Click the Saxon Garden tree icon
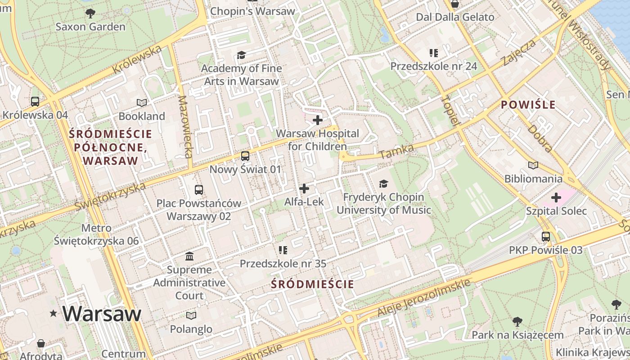tap(90, 13)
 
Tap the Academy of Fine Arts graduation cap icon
tap(242, 55)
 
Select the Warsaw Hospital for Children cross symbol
tap(318, 120)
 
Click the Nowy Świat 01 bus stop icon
tap(245, 156)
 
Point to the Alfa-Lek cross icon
tap(304, 189)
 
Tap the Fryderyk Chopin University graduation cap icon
tap(383, 184)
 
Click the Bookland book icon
tap(142, 103)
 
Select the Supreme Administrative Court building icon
tap(189, 256)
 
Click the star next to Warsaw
tap(54, 313)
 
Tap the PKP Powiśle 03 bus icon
tap(546, 236)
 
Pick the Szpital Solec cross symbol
tap(556, 198)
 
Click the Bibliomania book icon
tap(533, 165)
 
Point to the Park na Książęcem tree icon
tap(517, 321)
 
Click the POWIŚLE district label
tap(528, 105)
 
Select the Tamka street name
tap(390, 152)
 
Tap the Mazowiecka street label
tap(185, 126)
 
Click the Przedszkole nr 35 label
tap(283, 264)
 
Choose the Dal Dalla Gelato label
tap(455, 17)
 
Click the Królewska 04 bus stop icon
tap(35, 102)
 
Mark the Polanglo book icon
tap(191, 315)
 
